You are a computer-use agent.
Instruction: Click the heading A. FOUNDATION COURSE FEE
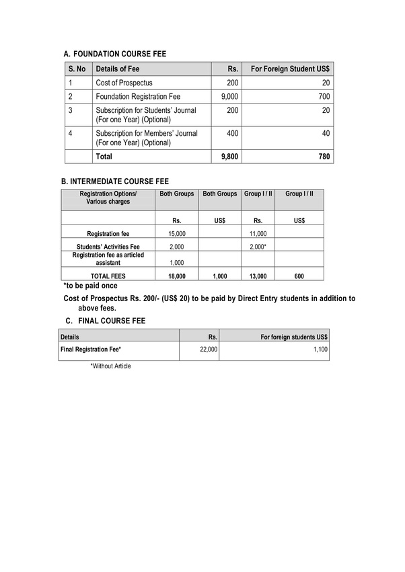point(114,53)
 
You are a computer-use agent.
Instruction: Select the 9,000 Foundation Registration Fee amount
point(229,97)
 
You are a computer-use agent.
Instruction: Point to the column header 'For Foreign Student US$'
point(290,69)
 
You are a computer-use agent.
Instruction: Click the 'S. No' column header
point(77,69)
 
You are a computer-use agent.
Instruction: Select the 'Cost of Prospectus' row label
point(124,83)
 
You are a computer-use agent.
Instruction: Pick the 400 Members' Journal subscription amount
point(232,134)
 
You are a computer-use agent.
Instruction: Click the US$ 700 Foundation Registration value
point(324,97)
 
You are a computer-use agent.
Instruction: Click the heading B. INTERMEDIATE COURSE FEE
point(115,181)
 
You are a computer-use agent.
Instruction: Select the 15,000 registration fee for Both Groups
point(176,233)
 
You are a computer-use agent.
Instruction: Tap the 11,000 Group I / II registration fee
point(258,233)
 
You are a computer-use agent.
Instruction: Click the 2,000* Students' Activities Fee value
point(258,247)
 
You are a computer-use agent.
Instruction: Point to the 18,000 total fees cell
point(176,276)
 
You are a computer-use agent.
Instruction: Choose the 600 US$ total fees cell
point(299,276)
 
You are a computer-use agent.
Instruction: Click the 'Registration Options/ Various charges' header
point(108,198)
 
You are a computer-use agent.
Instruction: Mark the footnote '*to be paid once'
point(90,286)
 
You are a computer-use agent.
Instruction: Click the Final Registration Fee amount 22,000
point(209,350)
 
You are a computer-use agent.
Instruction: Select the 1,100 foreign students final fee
point(320,350)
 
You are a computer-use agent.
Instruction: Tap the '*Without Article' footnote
point(110,366)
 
